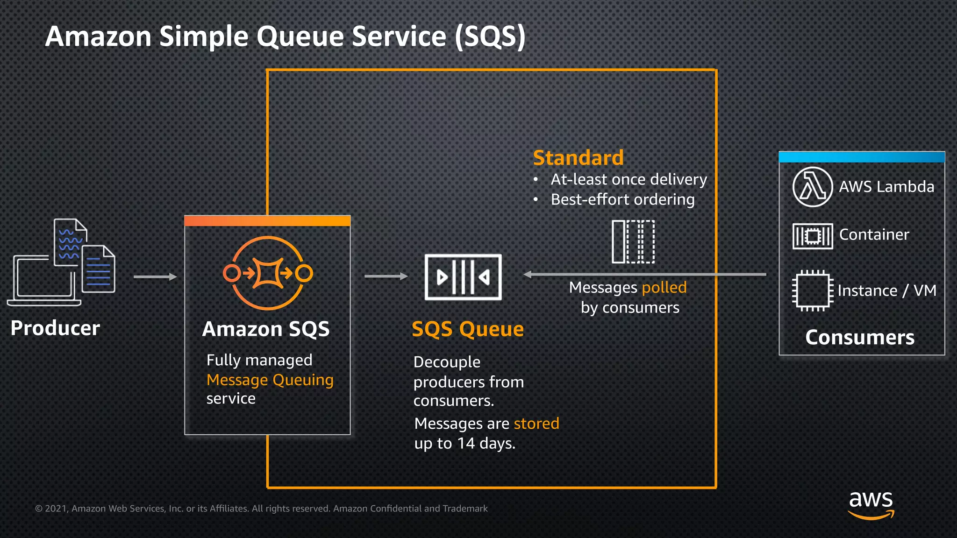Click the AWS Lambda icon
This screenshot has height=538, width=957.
point(813,187)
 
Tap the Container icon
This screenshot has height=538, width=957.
point(813,236)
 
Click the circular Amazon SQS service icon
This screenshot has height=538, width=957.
point(268,273)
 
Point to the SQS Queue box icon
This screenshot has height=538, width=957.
point(463,277)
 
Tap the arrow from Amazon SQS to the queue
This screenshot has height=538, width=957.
point(386,276)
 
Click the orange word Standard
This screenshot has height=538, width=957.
point(578,158)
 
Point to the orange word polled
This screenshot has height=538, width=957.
point(664,287)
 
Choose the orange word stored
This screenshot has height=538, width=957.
point(536,423)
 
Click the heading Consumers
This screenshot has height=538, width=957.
point(859,337)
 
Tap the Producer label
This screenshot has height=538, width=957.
point(55,328)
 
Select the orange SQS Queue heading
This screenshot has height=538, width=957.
point(467,329)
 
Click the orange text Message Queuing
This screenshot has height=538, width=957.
point(270,380)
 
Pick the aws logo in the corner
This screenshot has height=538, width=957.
point(871,504)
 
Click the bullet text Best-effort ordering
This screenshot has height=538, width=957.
point(622,199)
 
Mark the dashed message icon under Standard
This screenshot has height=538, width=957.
point(633,241)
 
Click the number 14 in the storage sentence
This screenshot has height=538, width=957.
point(465,443)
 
